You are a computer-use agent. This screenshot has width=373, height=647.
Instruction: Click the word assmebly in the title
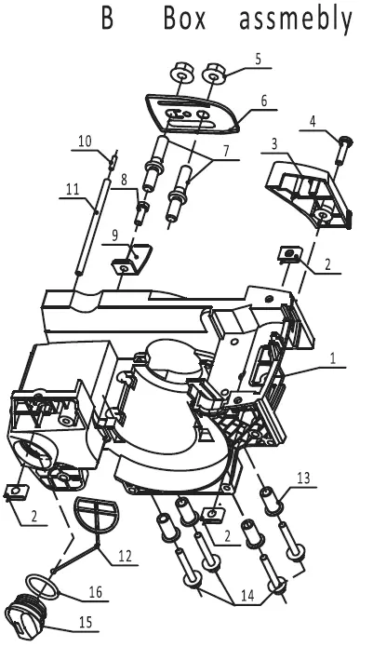pos(296,20)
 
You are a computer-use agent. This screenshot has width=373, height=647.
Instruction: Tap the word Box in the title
pos(184,19)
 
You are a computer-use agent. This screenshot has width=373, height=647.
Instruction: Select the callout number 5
pos(258,59)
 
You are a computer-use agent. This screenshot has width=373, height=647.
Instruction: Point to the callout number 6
pos(264,101)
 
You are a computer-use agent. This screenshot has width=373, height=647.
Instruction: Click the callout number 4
pos(313,122)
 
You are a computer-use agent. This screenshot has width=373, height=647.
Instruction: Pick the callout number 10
pos(86,142)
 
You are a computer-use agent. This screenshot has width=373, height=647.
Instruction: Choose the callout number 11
pos(73,189)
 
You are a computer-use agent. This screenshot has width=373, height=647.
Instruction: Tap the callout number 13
pos(303,479)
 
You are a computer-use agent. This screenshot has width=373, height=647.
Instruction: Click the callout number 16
pos(95,592)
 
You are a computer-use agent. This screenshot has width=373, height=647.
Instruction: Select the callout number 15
pos(86,622)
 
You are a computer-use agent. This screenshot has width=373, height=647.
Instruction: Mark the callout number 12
pos(125,556)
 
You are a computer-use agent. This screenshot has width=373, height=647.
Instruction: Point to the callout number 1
pos(333,358)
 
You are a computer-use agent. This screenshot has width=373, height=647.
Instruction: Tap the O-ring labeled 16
pos(43,586)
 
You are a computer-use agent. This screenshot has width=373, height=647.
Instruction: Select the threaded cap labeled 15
pos(24,615)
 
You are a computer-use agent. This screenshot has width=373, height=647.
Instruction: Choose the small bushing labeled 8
pos(141,212)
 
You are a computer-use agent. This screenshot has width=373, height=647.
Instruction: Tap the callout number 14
pos(247,596)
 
